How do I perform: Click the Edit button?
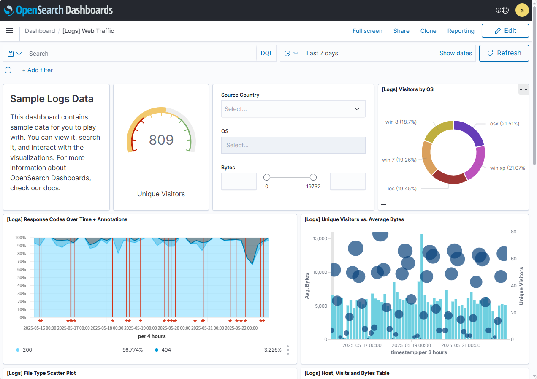pos(505,31)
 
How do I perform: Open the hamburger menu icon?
pos(10,31)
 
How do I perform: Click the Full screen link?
pos(367,31)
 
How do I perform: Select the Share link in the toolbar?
pos(401,31)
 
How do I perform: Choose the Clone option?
pos(428,31)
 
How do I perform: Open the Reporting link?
pos(461,31)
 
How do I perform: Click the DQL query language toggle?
pos(266,54)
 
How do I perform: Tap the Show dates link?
pos(456,53)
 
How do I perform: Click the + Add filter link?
pos(38,70)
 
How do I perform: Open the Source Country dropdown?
pos(293,109)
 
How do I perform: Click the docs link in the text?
pos(51,188)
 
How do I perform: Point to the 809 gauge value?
pos(161,140)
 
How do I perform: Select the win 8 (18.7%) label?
pos(401,122)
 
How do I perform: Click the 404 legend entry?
pos(166,350)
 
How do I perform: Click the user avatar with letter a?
pos(522,10)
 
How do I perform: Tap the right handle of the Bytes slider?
pos(313,177)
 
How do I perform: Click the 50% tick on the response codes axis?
pos(21,277)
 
